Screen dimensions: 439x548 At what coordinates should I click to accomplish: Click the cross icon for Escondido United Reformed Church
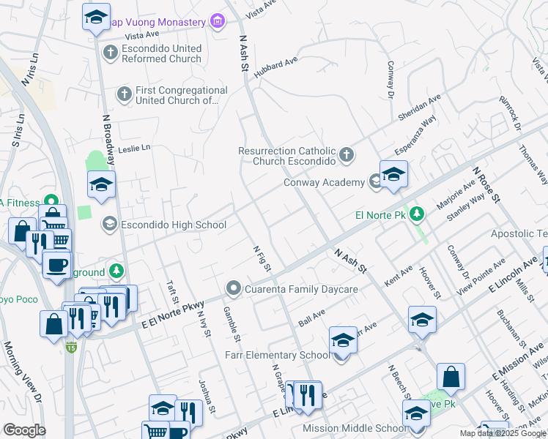point(110,53)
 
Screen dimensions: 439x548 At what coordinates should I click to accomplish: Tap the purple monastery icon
point(216,22)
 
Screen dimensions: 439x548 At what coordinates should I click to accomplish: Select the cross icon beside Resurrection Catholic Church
point(347,155)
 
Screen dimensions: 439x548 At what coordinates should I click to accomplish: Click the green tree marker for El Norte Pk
point(417,214)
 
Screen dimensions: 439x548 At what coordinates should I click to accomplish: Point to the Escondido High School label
point(174,225)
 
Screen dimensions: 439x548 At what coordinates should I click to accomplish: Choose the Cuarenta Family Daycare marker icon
point(234,289)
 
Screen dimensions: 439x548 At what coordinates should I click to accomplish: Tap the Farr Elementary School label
point(278,356)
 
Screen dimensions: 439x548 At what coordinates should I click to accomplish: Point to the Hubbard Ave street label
point(275,67)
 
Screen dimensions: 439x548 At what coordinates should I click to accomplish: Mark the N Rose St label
point(486,184)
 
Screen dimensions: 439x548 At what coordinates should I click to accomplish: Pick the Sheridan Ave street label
point(419,108)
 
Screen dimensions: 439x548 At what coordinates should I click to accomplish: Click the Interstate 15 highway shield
point(71,346)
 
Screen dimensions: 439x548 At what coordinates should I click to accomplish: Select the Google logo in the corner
point(24,430)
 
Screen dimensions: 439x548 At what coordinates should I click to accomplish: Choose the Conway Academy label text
point(324,182)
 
